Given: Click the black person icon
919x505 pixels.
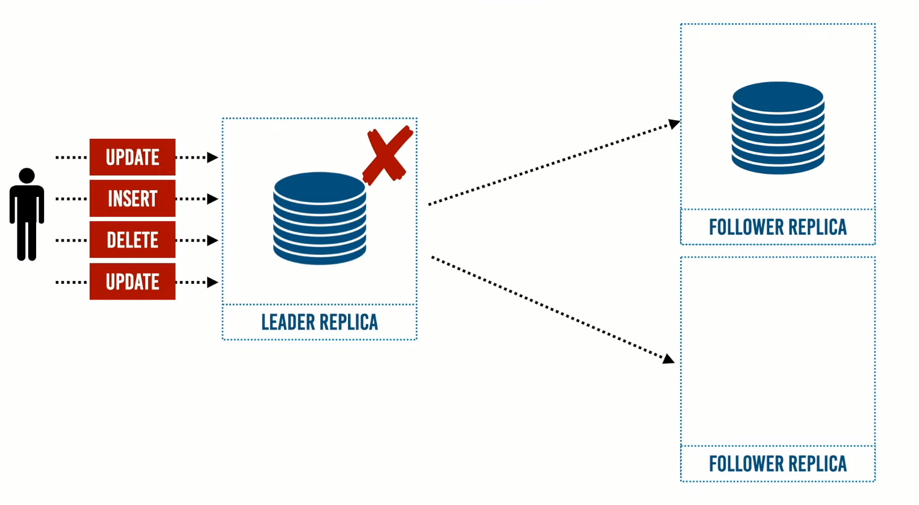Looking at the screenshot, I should [27, 217].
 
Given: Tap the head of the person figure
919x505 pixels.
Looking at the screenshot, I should [27, 175].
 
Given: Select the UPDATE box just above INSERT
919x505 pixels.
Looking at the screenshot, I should [132, 157].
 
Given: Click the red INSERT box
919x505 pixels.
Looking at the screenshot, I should [132, 199].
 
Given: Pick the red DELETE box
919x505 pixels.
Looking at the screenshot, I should [132, 240].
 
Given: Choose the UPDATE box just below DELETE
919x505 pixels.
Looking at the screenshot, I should [132, 282].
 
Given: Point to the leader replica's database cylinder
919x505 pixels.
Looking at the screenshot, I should [320, 219].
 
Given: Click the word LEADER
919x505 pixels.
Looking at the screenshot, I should [288, 322].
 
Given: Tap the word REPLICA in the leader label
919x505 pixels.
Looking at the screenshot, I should [350, 322].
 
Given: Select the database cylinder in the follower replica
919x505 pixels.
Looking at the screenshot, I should [778, 128].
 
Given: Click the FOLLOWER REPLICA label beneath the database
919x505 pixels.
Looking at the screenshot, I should [778, 227].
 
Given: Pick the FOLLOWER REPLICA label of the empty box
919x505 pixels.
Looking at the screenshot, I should [778, 464].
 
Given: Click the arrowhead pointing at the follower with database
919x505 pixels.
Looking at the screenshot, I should [674, 124].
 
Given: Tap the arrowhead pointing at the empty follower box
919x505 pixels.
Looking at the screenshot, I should [669, 359].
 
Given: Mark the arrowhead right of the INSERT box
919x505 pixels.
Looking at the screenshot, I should [213, 199].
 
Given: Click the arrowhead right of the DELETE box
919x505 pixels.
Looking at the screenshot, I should [213, 240].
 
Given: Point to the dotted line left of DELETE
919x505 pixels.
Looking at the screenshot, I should [71, 240].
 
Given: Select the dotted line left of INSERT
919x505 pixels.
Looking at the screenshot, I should [71, 199].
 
